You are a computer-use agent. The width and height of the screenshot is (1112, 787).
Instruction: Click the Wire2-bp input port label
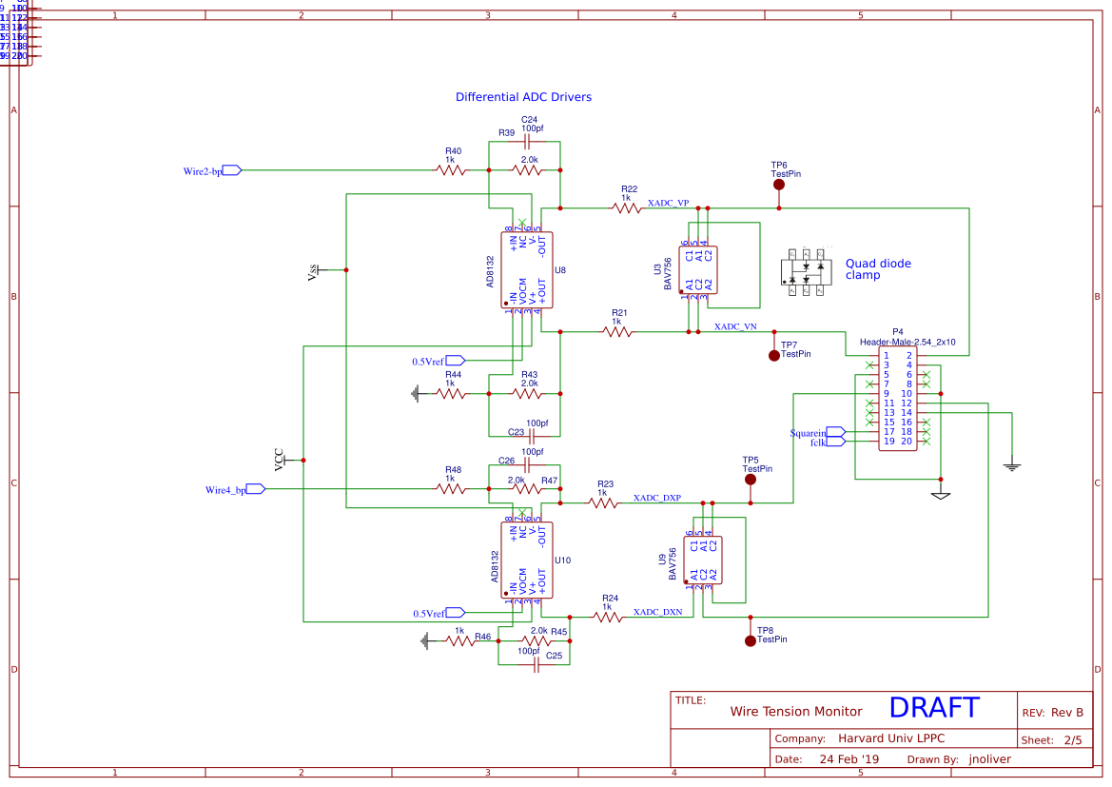point(203,171)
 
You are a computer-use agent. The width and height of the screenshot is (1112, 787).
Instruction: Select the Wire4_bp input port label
point(225,490)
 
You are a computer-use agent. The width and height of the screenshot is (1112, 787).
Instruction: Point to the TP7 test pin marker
point(773,355)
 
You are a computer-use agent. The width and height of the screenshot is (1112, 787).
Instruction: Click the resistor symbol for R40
point(451,170)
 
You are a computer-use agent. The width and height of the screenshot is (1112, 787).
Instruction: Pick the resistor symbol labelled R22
point(626,207)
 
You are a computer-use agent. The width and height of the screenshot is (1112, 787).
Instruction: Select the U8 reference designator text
point(560,271)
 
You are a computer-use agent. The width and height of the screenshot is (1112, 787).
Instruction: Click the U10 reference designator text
point(562,561)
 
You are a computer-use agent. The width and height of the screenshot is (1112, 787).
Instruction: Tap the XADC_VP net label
point(668,204)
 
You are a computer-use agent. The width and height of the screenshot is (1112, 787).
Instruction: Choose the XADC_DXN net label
point(657,612)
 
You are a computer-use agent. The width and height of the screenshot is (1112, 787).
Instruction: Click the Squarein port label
point(809,432)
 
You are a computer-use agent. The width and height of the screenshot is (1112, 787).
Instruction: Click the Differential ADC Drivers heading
point(523,97)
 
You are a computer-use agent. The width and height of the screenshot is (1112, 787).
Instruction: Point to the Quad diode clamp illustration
point(806,273)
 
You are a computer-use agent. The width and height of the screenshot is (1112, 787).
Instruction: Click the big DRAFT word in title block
point(933,707)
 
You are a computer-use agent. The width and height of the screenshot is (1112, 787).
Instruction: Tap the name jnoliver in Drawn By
point(990,759)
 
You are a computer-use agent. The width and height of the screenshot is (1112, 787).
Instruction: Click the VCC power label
point(279,460)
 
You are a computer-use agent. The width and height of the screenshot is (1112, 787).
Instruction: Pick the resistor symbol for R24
point(609,617)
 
